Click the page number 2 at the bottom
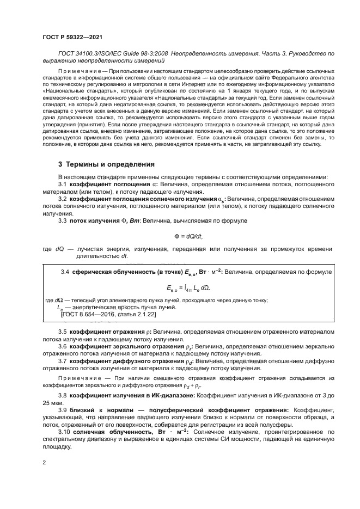pos(44,462)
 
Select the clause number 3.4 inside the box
pos(66,271)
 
